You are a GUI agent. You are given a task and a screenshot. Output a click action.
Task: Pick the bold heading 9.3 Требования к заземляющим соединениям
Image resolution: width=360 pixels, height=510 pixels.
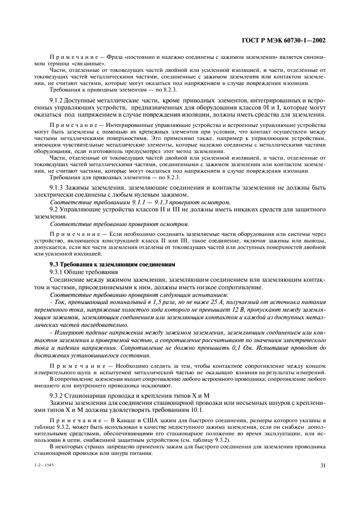112,264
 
